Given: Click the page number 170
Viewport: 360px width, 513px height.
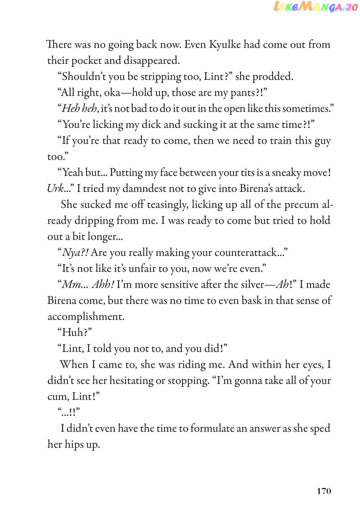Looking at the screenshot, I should pos(324,491).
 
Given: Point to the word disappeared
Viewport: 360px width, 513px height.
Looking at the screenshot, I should pos(152,60).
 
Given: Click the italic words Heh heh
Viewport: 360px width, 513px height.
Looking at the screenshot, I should pos(79,108).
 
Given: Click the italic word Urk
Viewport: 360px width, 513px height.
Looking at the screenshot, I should pos(55,189).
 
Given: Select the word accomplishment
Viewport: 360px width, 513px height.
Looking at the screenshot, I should pos(86,317).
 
